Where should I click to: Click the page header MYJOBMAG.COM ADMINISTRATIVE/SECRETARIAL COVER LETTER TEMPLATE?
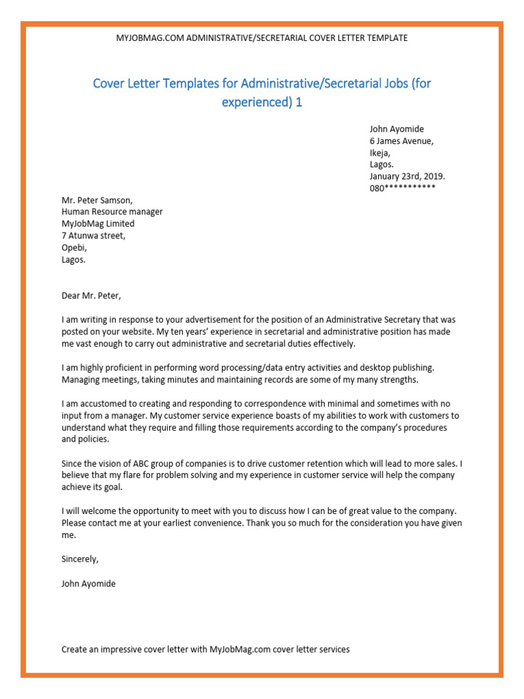(x=262, y=38)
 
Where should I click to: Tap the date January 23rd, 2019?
(x=407, y=175)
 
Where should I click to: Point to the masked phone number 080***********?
(x=403, y=188)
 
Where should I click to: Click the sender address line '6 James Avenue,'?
(x=401, y=141)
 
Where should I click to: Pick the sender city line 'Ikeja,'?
(x=380, y=153)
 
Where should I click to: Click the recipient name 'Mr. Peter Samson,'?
(x=97, y=201)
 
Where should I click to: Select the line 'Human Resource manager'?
(x=112, y=212)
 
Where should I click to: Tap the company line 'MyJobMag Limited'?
(x=98, y=224)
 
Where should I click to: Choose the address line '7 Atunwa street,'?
(x=93, y=236)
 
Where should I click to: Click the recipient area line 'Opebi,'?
(x=74, y=248)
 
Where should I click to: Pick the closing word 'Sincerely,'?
(x=80, y=559)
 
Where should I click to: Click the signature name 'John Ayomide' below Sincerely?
(x=89, y=584)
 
